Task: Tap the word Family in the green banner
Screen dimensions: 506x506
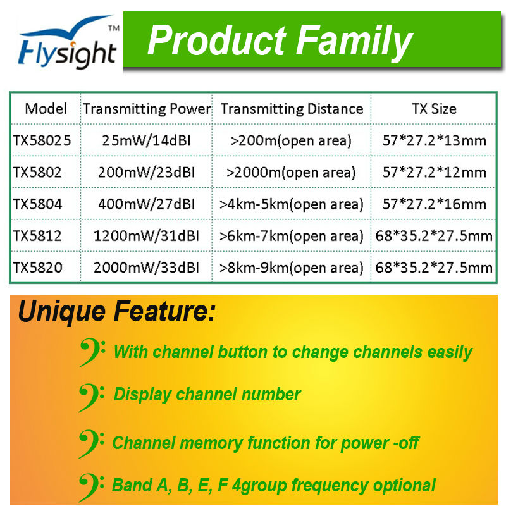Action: pos(354,42)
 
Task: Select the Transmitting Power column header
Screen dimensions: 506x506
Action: pos(147,109)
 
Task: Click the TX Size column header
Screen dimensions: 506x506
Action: pos(434,109)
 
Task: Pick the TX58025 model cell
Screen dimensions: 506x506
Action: pos(42,140)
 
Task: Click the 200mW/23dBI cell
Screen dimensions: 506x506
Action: pos(147,172)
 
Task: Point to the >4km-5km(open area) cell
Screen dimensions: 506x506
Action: pos(292,204)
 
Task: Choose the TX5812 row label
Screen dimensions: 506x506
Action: pos(37,235)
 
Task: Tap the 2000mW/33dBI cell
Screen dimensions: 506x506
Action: pos(147,268)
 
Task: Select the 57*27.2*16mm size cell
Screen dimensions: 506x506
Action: pos(435,204)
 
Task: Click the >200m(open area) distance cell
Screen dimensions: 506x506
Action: pos(291,140)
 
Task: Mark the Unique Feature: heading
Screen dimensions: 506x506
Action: pos(117,311)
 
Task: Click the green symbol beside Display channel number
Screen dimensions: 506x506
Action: pos(92,397)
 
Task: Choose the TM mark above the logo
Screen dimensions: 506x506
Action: pos(114,28)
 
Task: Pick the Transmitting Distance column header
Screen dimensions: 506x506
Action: pos(292,109)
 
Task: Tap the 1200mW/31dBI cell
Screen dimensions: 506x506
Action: pos(147,235)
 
